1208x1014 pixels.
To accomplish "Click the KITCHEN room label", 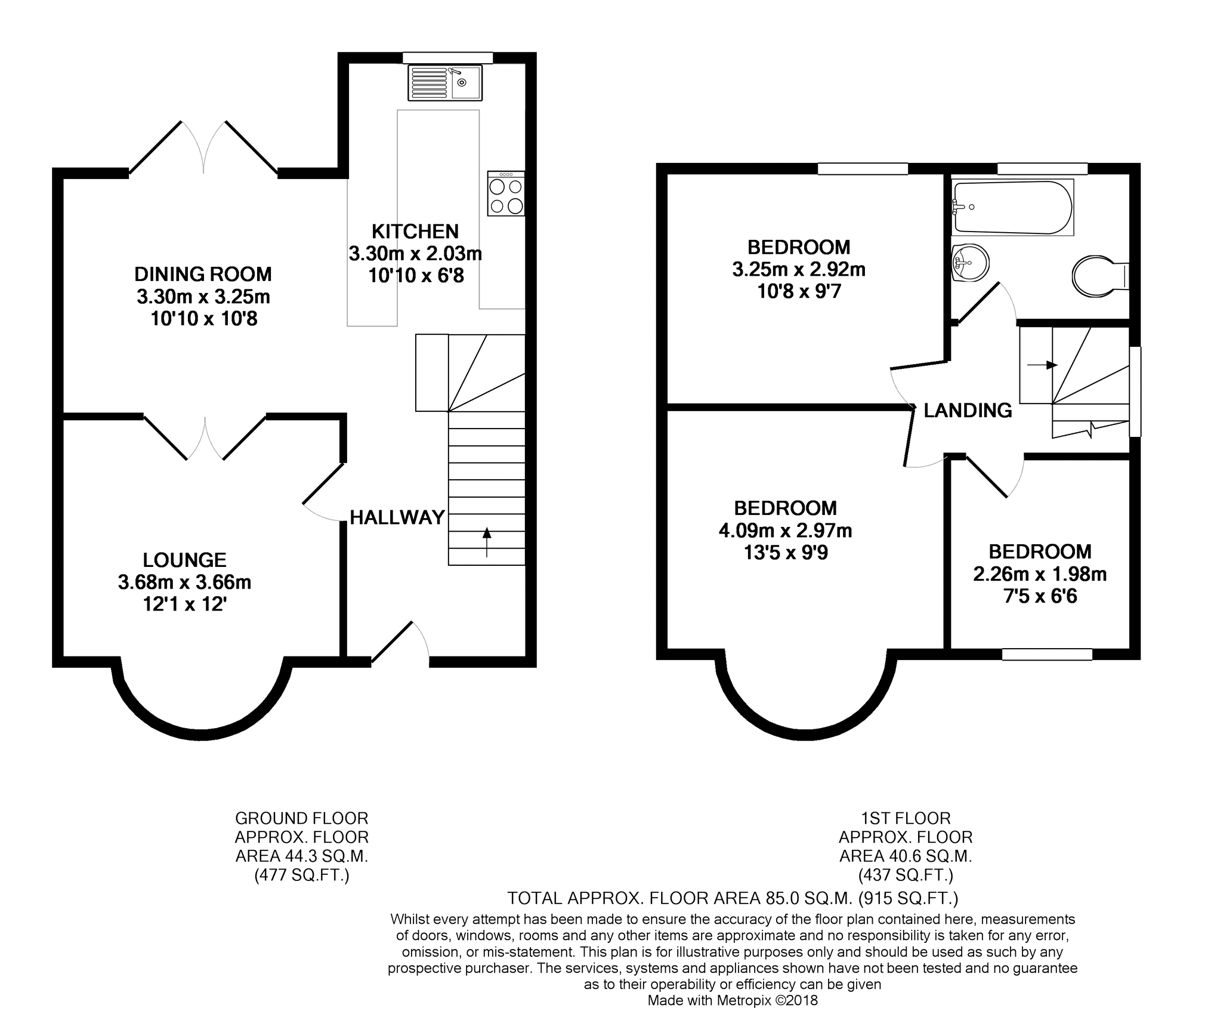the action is click(x=415, y=231).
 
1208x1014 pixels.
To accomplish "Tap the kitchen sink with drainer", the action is click(x=445, y=83).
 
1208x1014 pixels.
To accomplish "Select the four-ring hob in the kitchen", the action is click(x=506, y=194).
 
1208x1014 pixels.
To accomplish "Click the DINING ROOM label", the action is click(x=203, y=274).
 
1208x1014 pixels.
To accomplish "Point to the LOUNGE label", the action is click(x=185, y=560).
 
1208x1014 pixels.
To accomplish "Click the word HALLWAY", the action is click(x=397, y=517).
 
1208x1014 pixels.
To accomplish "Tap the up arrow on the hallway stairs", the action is click(x=487, y=542).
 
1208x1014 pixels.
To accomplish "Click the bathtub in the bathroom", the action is click(x=1012, y=207).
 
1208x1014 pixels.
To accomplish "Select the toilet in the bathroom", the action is click(x=1100, y=276).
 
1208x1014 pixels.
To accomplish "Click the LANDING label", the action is click(x=968, y=410).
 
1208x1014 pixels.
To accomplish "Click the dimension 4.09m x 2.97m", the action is click(x=785, y=531).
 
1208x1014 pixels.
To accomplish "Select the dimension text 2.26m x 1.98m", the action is click(x=1040, y=574).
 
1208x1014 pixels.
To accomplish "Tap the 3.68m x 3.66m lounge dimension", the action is click(x=184, y=582).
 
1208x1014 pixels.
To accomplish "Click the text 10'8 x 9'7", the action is click(x=798, y=291).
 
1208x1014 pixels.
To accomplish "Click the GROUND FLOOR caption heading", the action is click(x=302, y=818).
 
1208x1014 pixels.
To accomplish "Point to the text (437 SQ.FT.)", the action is click(x=906, y=875).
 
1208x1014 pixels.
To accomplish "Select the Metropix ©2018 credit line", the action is click(x=733, y=1000).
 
